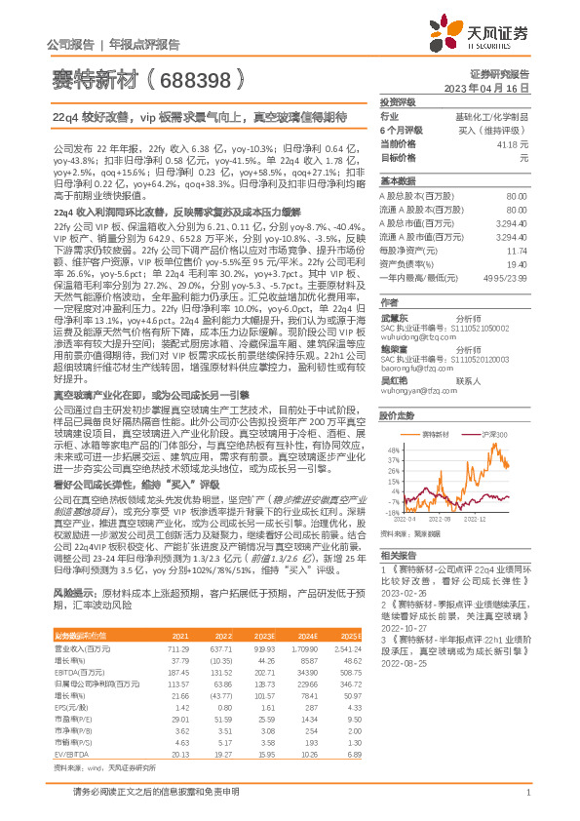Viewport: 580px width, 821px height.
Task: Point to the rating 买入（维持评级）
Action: pos(494,129)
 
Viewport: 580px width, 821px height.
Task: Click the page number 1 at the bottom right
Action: pos(527,799)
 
